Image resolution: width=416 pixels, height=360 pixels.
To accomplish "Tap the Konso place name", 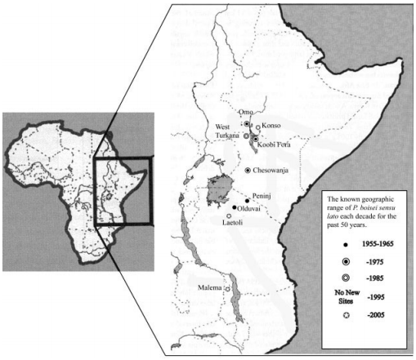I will tap(272, 127).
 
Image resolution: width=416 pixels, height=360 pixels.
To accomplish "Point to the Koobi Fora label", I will tap(276, 144).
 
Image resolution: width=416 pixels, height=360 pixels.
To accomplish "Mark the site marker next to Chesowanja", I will tap(248, 170).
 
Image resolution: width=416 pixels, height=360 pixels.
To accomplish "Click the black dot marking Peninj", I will tap(247, 200).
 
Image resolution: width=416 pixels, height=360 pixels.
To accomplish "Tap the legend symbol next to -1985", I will tap(334, 284).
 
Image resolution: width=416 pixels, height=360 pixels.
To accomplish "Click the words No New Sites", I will tap(334, 308).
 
